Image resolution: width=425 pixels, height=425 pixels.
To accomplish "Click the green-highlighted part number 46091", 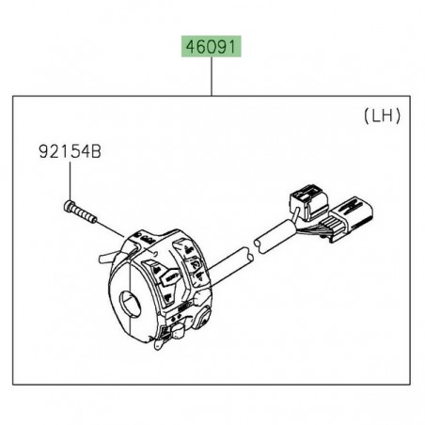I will point(212,45).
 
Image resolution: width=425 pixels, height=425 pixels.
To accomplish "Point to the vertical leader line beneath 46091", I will point(212,75).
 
